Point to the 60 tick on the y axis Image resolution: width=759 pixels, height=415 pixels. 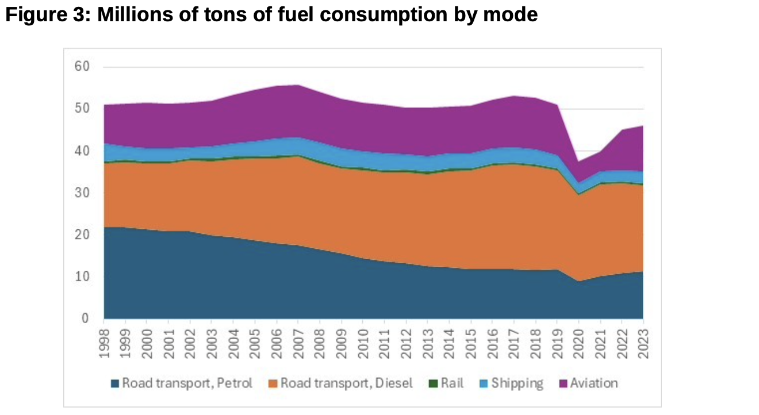click(82, 67)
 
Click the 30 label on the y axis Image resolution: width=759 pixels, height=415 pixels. click(82, 193)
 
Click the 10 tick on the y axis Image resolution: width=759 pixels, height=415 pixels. click(82, 276)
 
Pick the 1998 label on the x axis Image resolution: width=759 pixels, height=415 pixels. click(104, 343)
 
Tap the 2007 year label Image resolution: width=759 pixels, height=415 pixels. click(298, 343)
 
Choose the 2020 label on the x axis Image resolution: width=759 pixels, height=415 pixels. click(578, 343)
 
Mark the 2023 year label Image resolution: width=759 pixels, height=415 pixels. click(642, 343)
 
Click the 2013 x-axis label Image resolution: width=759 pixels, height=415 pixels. click(427, 343)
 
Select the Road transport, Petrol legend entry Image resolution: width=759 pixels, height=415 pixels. click(186, 383)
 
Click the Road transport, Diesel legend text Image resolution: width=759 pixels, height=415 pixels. click(346, 383)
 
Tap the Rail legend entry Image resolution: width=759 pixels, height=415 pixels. click(452, 383)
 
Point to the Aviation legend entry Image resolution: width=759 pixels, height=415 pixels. click(593, 383)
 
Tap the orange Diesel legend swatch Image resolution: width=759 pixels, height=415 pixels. click(274, 383)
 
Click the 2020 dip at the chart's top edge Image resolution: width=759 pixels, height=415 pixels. click(578, 162)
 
